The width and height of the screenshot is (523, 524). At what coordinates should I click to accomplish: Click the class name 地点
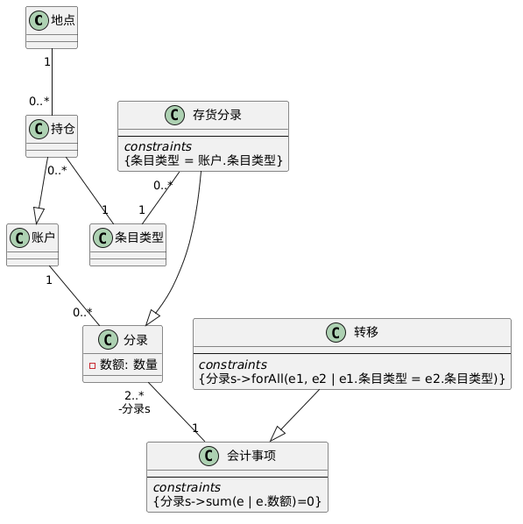click(x=63, y=20)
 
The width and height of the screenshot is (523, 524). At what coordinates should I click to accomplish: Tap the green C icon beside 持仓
click(x=39, y=129)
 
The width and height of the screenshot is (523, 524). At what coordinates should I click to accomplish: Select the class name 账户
click(x=43, y=237)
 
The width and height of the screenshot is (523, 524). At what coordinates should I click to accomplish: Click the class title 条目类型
click(x=139, y=237)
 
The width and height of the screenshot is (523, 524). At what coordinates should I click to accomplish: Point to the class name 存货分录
click(x=217, y=115)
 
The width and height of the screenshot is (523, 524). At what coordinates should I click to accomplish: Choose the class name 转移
click(x=366, y=332)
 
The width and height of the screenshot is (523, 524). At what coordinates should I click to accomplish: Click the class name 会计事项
click(x=251, y=456)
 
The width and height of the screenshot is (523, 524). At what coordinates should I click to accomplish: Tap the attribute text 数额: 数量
click(x=129, y=365)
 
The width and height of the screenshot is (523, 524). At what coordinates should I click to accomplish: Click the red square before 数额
click(x=93, y=365)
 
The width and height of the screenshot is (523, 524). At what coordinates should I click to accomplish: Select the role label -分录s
click(x=134, y=408)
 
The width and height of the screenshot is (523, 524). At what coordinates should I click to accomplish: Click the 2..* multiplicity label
click(x=134, y=396)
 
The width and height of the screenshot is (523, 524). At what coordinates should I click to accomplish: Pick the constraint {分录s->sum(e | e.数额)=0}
click(x=237, y=501)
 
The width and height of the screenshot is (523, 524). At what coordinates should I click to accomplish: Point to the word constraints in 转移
click(x=233, y=365)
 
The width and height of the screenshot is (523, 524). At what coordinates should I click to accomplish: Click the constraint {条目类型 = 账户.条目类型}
click(x=203, y=160)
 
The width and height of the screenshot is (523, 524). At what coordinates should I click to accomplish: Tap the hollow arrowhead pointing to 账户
click(x=38, y=216)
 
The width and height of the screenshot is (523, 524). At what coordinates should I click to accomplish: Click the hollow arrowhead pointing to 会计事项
click(x=278, y=434)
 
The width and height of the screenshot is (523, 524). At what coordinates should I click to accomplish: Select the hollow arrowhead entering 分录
click(x=152, y=318)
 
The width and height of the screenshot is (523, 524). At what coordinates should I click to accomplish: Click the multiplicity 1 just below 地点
click(x=47, y=62)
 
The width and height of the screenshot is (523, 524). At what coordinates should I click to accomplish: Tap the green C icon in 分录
click(x=108, y=340)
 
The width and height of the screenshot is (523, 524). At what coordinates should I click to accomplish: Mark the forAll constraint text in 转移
click(x=352, y=379)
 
